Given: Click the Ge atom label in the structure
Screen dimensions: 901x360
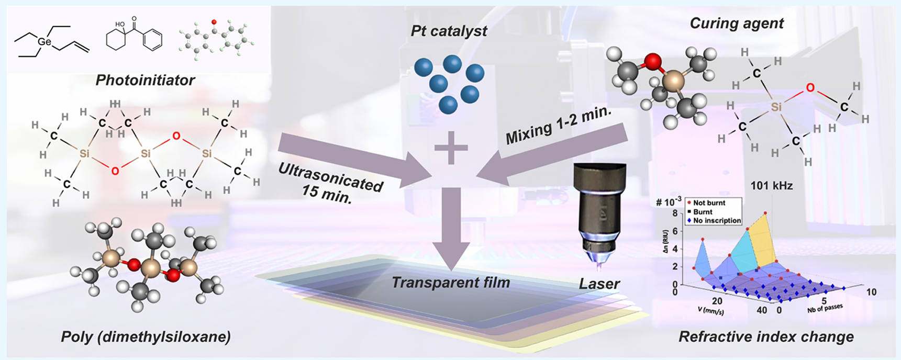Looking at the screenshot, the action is click(45, 41).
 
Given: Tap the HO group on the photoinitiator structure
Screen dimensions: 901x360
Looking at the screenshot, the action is click(120, 25).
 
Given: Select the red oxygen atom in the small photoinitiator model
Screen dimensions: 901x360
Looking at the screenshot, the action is click(214, 22).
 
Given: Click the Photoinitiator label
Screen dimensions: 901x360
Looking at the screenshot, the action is click(145, 80).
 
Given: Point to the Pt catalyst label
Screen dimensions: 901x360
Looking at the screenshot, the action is click(449, 31).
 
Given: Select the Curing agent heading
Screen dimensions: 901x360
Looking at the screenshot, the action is click(737, 24).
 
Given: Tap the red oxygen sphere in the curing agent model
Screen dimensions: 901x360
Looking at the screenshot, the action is click(652, 62).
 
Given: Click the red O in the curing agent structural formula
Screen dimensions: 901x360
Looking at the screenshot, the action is click(810, 88).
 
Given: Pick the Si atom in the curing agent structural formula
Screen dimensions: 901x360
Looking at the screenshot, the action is click(776, 107).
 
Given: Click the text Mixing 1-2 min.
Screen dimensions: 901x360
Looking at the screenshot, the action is click(559, 126).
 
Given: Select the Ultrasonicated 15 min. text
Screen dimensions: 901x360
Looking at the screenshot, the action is click(329, 183).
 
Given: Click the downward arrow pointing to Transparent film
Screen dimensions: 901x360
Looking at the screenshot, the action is click(450, 228).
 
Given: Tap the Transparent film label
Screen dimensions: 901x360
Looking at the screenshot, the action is click(451, 283).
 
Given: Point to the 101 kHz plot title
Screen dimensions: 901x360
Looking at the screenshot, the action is click(772, 185).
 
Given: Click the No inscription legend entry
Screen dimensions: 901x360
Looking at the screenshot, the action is click(714, 221).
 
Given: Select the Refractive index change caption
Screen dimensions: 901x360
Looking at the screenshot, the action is click(766, 337).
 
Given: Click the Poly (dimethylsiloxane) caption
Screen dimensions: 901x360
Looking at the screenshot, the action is click(146, 337).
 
